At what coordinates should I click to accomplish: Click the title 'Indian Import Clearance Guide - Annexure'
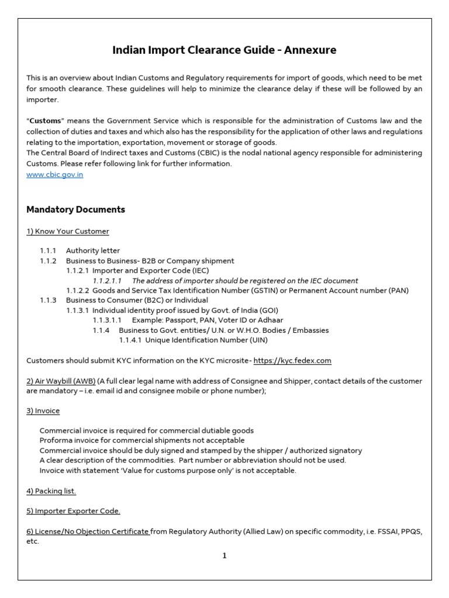pyautogui.click(x=224, y=50)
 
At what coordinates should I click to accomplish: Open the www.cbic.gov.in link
pyautogui.click(x=55, y=175)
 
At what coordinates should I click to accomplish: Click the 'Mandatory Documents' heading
pyautogui.click(x=75, y=209)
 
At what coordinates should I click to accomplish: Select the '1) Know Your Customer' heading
pyautogui.click(x=68, y=231)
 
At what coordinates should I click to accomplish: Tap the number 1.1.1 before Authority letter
pyautogui.click(x=48, y=251)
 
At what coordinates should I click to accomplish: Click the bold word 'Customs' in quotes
pyautogui.click(x=45, y=121)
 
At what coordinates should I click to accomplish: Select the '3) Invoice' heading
pyautogui.click(x=43, y=411)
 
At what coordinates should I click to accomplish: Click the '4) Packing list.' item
pyautogui.click(x=51, y=491)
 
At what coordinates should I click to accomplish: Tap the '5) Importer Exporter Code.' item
pyautogui.click(x=73, y=511)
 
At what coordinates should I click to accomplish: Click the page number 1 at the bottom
pyautogui.click(x=224, y=556)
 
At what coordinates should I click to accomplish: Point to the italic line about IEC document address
pyautogui.click(x=245, y=281)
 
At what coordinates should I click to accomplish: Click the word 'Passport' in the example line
pyautogui.click(x=179, y=321)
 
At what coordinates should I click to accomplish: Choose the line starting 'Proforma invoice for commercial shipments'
pyautogui.click(x=142, y=440)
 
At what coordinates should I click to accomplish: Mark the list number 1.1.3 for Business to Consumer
pyautogui.click(x=48, y=300)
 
